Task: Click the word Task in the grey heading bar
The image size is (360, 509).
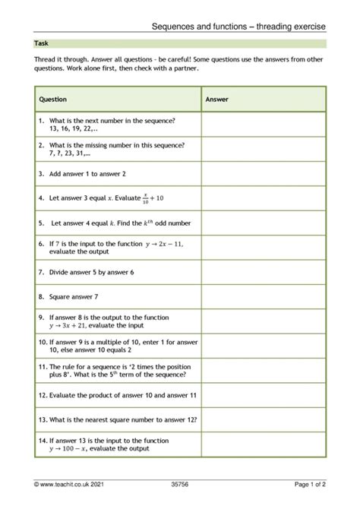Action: coord(41,44)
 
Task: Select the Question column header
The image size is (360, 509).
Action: coord(52,100)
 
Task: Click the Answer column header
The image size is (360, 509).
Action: coord(217,100)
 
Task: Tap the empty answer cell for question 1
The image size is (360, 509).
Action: coord(264,125)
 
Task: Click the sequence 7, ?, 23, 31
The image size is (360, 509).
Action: coord(72,153)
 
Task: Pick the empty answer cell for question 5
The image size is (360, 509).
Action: coord(264,223)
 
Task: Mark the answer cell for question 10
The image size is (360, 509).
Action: coord(264,346)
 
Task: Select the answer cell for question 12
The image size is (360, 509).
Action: coord(264,395)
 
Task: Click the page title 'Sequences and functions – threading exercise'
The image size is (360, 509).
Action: coord(238,27)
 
